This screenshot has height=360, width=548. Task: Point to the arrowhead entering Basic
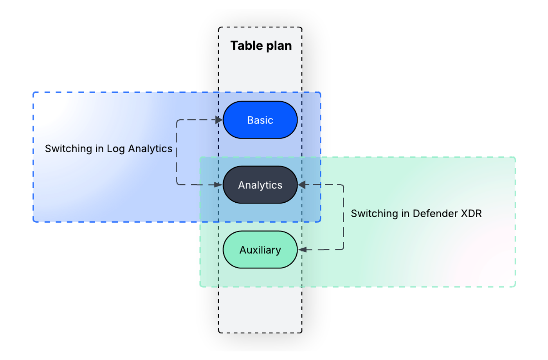[x=219, y=120]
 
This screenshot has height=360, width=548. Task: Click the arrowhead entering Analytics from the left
[x=219, y=185]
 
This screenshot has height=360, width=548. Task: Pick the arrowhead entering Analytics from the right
[x=302, y=185]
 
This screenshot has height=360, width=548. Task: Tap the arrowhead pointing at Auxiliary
[x=302, y=249]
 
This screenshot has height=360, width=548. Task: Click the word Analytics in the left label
[x=150, y=149]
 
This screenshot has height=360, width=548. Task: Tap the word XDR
[x=471, y=213]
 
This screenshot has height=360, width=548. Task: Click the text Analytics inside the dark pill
[x=260, y=185]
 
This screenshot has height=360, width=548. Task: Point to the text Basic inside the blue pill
[x=260, y=120]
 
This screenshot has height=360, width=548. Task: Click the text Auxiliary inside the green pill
[x=260, y=250]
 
